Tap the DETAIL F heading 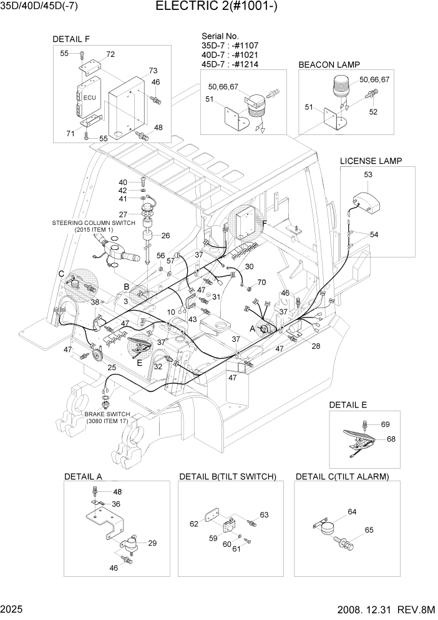coord(71,39)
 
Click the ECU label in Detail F coord(89,97)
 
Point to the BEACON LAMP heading coord(329,64)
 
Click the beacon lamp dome coord(344,85)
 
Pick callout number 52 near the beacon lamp coord(373,112)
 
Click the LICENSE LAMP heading coord(371,161)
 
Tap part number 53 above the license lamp coord(368,174)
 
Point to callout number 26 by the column coord(165,236)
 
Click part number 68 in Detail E coord(391,439)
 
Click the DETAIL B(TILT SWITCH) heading coord(227,477)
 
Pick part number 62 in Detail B coord(194,523)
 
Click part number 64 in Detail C coord(352,512)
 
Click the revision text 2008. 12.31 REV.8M coord(388,609)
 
